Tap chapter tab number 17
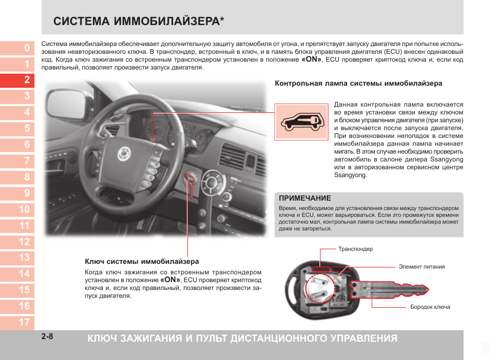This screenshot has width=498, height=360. (x=25, y=322)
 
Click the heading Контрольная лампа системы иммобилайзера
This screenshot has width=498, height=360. (x=359, y=84)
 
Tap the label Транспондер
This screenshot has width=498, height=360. (x=355, y=249)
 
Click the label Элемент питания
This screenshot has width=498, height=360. (x=421, y=267)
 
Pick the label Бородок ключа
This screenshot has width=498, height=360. (x=430, y=307)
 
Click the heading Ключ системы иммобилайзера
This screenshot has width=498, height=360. (x=142, y=261)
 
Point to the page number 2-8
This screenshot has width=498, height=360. (x=48, y=336)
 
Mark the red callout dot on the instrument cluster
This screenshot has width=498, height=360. (x=153, y=140)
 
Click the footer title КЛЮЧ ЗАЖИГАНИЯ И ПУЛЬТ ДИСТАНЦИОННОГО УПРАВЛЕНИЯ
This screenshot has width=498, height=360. (x=242, y=338)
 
